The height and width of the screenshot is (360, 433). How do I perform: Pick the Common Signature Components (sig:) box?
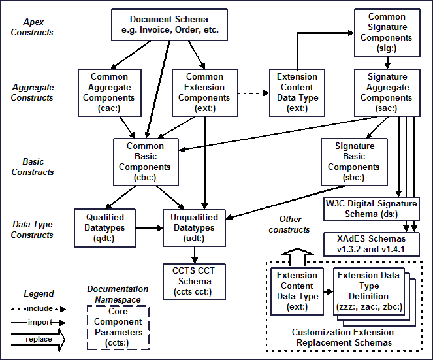click(x=387, y=31)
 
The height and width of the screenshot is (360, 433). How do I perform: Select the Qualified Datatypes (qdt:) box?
click(x=104, y=227)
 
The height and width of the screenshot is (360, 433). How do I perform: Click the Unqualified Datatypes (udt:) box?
click(x=194, y=227)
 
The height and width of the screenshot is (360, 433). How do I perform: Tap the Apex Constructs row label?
click(x=32, y=26)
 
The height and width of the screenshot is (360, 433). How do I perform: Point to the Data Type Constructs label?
click(x=32, y=229)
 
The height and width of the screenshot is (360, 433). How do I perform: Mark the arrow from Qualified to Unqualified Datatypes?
click(x=148, y=228)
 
